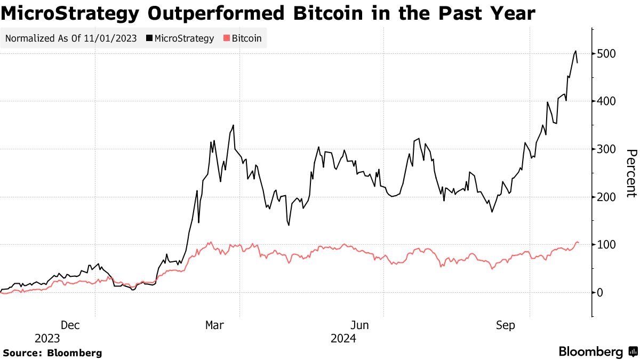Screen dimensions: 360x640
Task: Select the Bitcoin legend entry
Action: coord(246,38)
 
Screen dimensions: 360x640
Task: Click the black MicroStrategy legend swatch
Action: coord(149,38)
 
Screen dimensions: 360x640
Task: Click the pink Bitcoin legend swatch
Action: coord(227,38)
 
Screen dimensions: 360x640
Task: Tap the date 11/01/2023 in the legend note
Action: coord(109,38)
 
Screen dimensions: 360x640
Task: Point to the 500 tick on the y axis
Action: coord(606,53)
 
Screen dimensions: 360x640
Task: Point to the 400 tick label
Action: coord(606,101)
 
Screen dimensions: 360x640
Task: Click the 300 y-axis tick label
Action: coord(606,149)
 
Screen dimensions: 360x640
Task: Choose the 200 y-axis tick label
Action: coord(606,197)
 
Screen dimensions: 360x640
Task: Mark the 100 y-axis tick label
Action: coord(606,245)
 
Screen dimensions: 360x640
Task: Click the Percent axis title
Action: coord(630,173)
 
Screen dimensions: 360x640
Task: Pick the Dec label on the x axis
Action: coord(70,325)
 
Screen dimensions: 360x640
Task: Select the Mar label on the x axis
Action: coord(215,325)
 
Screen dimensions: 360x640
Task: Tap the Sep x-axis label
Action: coord(506,325)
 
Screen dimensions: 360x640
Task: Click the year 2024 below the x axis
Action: coord(343,339)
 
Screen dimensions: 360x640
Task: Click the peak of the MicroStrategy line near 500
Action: coord(575,51)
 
